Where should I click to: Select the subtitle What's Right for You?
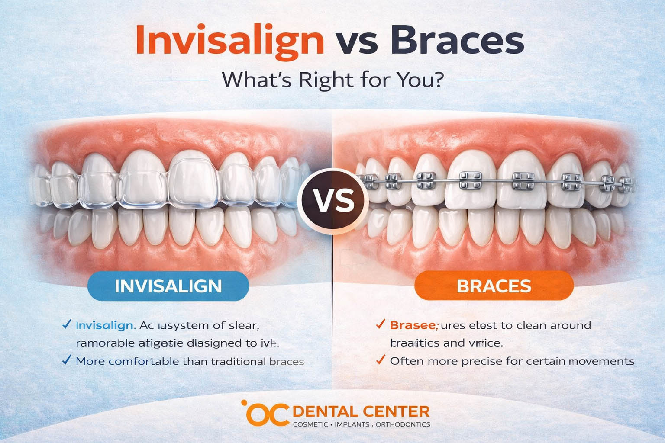[332, 80]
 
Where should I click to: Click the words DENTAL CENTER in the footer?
[362, 411]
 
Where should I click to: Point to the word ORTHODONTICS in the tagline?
[403, 424]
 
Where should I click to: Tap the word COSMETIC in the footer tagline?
[310, 424]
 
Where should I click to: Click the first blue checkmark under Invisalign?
[67, 324]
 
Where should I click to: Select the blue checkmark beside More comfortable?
[67, 360]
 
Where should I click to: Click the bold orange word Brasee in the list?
[414, 325]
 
